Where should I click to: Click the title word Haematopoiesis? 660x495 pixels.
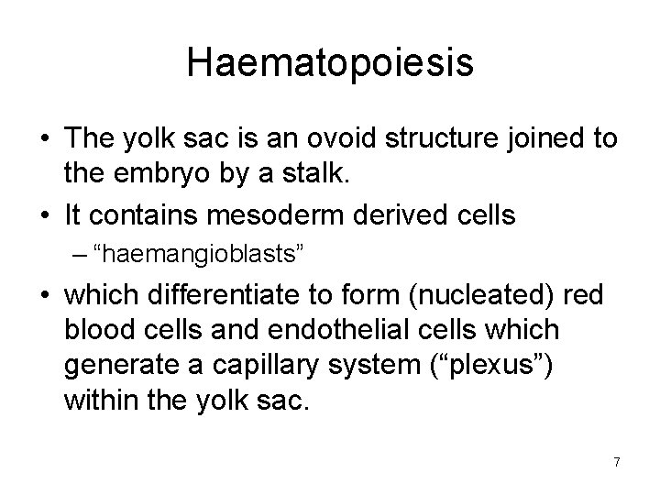(330, 63)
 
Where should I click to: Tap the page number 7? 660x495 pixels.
(617, 462)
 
